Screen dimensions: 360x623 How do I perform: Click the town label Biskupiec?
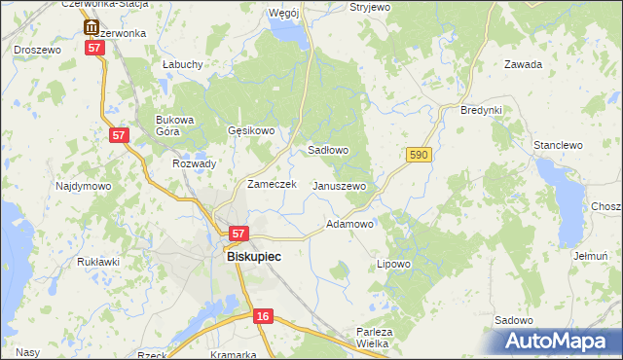[254, 257]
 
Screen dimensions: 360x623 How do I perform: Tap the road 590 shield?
[419, 155]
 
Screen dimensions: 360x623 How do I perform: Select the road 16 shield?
[263, 316]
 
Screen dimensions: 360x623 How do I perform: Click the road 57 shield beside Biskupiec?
[239, 234]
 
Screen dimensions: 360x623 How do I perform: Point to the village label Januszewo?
[339, 186]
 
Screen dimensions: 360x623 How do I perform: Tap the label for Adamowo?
[349, 224]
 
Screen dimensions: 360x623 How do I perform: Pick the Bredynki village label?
[481, 110]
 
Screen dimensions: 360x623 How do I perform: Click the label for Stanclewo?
[558, 145]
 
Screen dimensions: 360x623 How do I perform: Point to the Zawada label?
[523, 65]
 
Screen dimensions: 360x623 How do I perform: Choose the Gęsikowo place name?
[251, 130]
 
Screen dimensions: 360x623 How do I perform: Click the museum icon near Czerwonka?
[91, 28]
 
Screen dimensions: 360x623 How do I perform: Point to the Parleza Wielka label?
[374, 338]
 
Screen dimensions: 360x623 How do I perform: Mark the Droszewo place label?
[37, 49]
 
